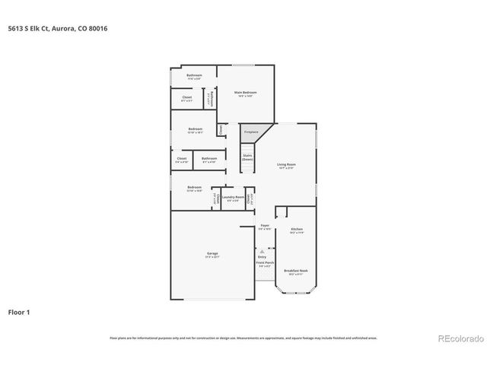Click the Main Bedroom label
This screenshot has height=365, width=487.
click(x=244, y=92)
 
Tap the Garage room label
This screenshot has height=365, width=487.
click(x=212, y=253)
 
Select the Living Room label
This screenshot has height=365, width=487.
click(x=286, y=163)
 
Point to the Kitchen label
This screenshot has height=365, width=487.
click(x=298, y=229)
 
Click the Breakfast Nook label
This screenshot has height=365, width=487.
click(x=296, y=271)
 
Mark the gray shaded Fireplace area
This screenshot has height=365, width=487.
click(x=251, y=131)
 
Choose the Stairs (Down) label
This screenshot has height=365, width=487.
click(x=247, y=157)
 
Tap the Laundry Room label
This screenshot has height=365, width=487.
click(x=234, y=197)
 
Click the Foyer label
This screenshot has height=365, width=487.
click(x=265, y=226)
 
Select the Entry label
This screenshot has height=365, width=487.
click(x=262, y=257)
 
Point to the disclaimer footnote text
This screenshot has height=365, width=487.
click(x=243, y=338)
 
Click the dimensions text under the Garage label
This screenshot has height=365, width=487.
click(x=212, y=257)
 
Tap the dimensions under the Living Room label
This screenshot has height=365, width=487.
click(x=286, y=168)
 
